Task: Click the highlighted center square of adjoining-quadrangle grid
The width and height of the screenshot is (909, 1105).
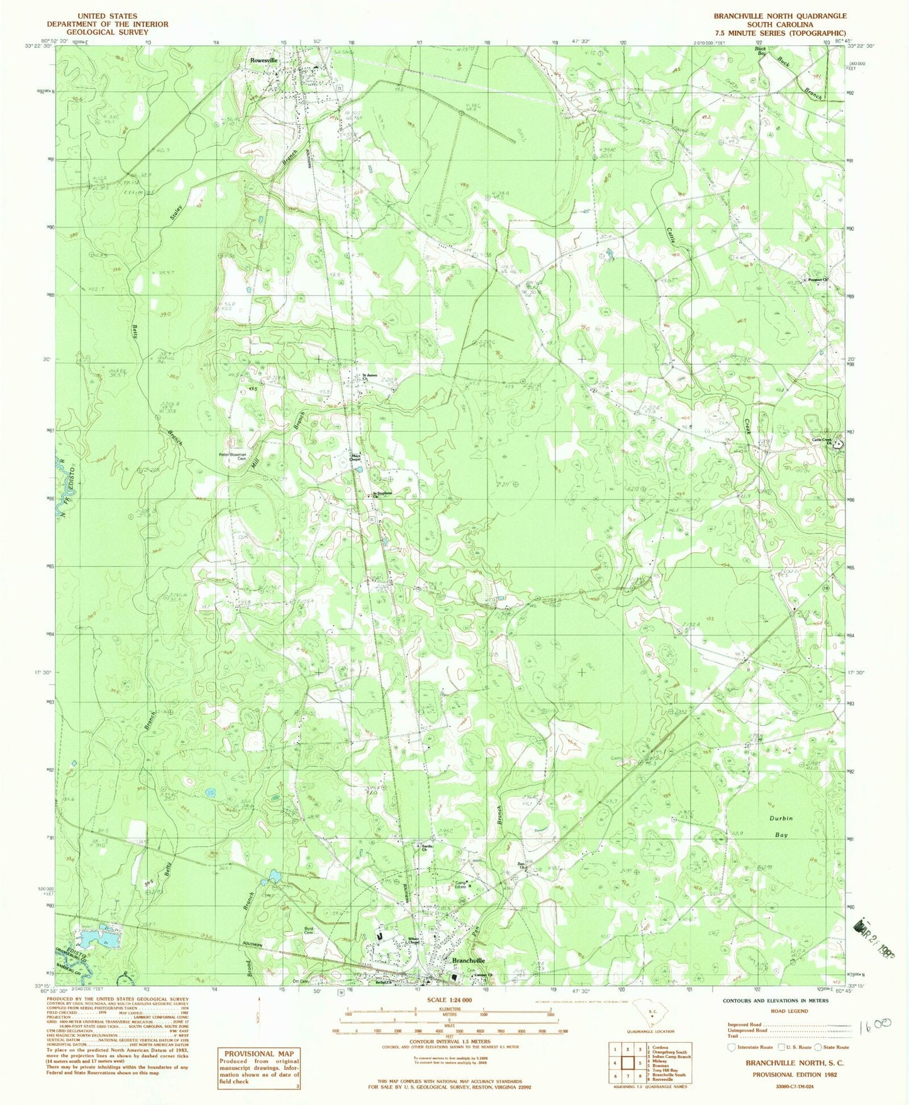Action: [627, 1062]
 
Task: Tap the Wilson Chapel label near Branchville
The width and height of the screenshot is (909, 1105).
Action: [413, 941]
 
